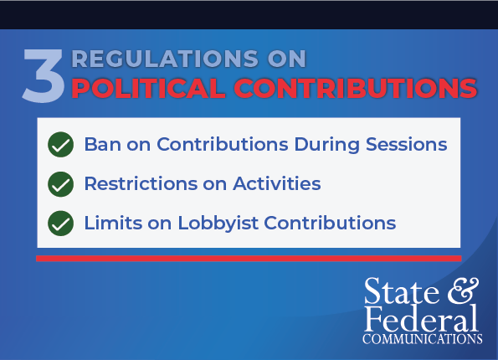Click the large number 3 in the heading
click(44, 75)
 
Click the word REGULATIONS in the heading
click(165, 59)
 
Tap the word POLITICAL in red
click(148, 88)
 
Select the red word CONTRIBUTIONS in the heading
click(356, 88)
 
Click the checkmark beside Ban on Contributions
click(60, 145)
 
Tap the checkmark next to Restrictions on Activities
click(60, 184)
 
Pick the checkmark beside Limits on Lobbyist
click(60, 224)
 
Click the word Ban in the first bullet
click(103, 144)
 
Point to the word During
click(327, 145)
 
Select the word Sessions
click(407, 144)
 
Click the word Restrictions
click(141, 183)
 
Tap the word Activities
click(277, 183)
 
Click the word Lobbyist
click(218, 224)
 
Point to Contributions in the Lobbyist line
click(330, 223)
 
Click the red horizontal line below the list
click(249, 259)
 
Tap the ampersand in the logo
click(463, 291)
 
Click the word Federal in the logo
click(421, 318)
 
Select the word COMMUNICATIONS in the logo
click(423, 339)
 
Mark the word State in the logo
click(402, 291)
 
